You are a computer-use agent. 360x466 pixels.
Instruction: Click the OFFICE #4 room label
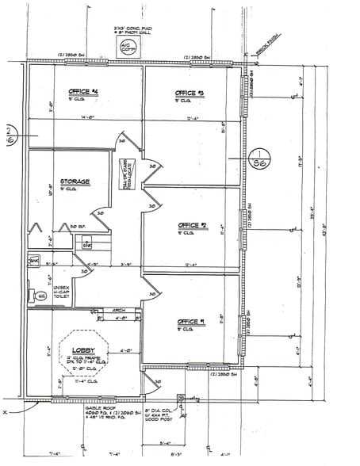click(x=83, y=92)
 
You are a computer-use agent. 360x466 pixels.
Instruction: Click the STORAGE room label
click(x=74, y=181)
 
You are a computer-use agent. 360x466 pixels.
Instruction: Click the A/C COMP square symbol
click(x=128, y=47)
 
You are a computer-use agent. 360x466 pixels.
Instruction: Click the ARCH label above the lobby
click(x=119, y=311)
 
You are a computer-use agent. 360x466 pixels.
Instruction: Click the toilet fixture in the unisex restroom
click(x=41, y=296)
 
